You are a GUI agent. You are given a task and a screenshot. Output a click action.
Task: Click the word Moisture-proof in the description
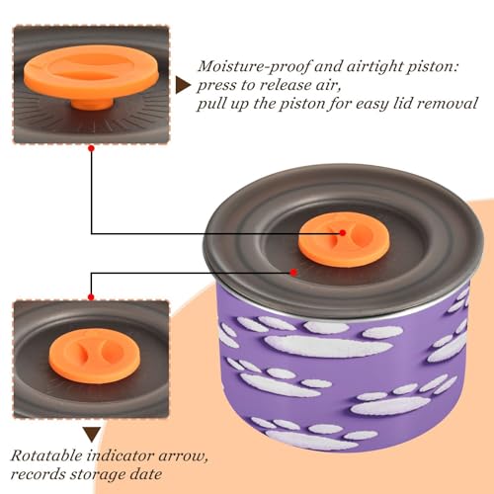(254, 67)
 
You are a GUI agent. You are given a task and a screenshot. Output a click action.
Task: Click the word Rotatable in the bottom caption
(46, 455)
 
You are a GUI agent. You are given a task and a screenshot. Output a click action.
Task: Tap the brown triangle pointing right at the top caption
(183, 85)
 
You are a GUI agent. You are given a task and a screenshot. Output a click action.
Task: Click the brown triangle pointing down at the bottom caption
(92, 435)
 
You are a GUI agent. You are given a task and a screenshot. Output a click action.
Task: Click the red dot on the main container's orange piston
(343, 233)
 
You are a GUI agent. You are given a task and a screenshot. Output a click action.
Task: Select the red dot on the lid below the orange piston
(293, 273)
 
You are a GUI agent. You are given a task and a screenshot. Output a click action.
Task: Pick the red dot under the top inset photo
(92, 148)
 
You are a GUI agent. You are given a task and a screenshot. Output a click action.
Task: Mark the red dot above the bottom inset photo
(91, 297)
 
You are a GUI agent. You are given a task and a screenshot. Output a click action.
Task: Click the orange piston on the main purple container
(344, 239)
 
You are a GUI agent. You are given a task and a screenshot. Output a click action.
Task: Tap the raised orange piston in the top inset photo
(91, 72)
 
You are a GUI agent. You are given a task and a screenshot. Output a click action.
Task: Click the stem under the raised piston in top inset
(92, 104)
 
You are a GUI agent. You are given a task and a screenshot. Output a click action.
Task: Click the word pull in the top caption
(211, 105)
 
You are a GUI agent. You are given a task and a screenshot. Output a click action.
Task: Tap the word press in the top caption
(216, 86)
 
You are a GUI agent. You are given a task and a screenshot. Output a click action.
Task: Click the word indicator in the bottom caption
(121, 455)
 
